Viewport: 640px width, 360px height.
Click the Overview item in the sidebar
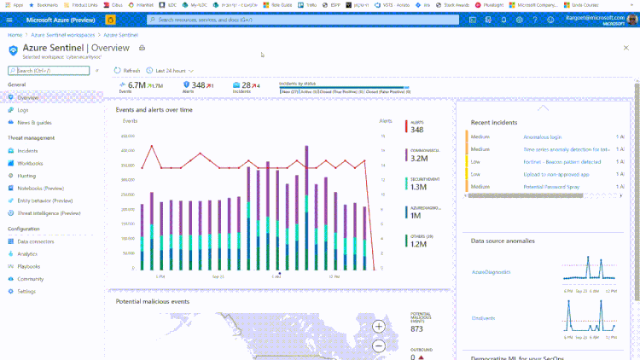[28, 98]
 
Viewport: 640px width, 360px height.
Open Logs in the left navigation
[23, 110]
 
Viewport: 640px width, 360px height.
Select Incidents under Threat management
[27, 150]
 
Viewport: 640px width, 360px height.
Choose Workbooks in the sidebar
[30, 163]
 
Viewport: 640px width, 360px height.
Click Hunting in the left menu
[26, 175]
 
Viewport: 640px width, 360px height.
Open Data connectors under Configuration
[36, 241]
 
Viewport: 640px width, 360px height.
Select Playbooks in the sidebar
[29, 266]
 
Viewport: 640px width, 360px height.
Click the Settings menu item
[26, 291]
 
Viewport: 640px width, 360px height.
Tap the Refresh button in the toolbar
[128, 71]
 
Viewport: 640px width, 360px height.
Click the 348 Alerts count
[198, 85]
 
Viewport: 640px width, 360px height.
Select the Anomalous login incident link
[542, 136]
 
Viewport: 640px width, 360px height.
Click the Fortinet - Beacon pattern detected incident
[561, 161]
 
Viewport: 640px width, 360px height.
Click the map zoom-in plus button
[379, 326]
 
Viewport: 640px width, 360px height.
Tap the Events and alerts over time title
[154, 110]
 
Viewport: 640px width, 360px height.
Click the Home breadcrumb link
[15, 35]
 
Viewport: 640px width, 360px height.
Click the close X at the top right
[625, 49]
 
